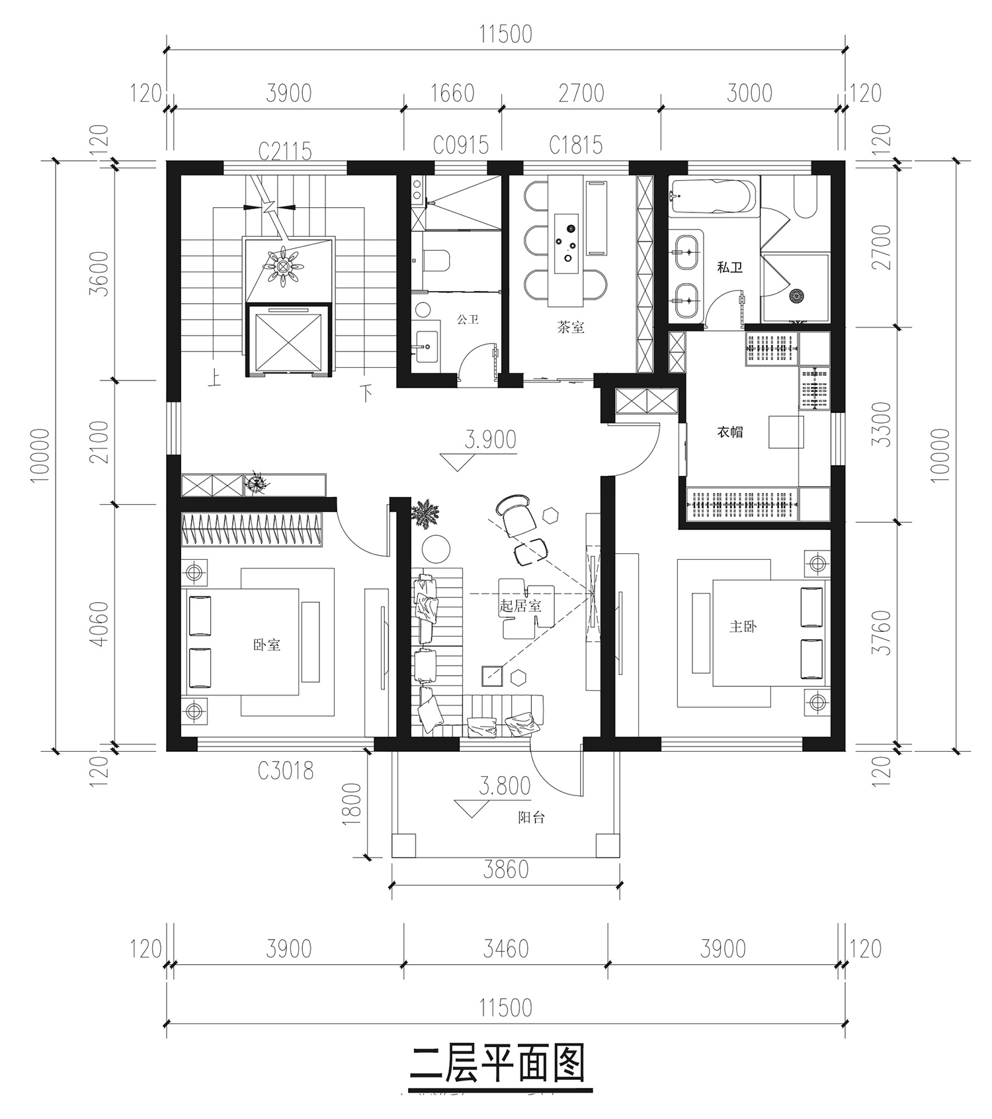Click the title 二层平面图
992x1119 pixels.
point(497,1063)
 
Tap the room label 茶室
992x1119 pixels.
point(571,327)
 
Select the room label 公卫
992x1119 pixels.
point(468,319)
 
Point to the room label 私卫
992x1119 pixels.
point(729,267)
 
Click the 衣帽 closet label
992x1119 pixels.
point(729,432)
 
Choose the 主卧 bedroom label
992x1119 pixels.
point(743,626)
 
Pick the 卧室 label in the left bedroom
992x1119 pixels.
point(267,645)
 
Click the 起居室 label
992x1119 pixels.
point(520,605)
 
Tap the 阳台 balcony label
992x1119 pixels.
point(531,817)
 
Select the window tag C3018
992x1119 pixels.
point(285,770)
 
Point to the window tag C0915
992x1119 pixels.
point(461,145)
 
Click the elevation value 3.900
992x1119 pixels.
point(490,439)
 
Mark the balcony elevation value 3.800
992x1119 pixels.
point(505,785)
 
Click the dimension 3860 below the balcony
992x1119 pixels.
point(506,869)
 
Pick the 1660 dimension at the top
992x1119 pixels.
point(452,93)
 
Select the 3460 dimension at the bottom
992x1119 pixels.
point(506,949)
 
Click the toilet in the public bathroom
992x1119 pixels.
point(436,261)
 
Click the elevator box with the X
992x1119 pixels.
point(288,340)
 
